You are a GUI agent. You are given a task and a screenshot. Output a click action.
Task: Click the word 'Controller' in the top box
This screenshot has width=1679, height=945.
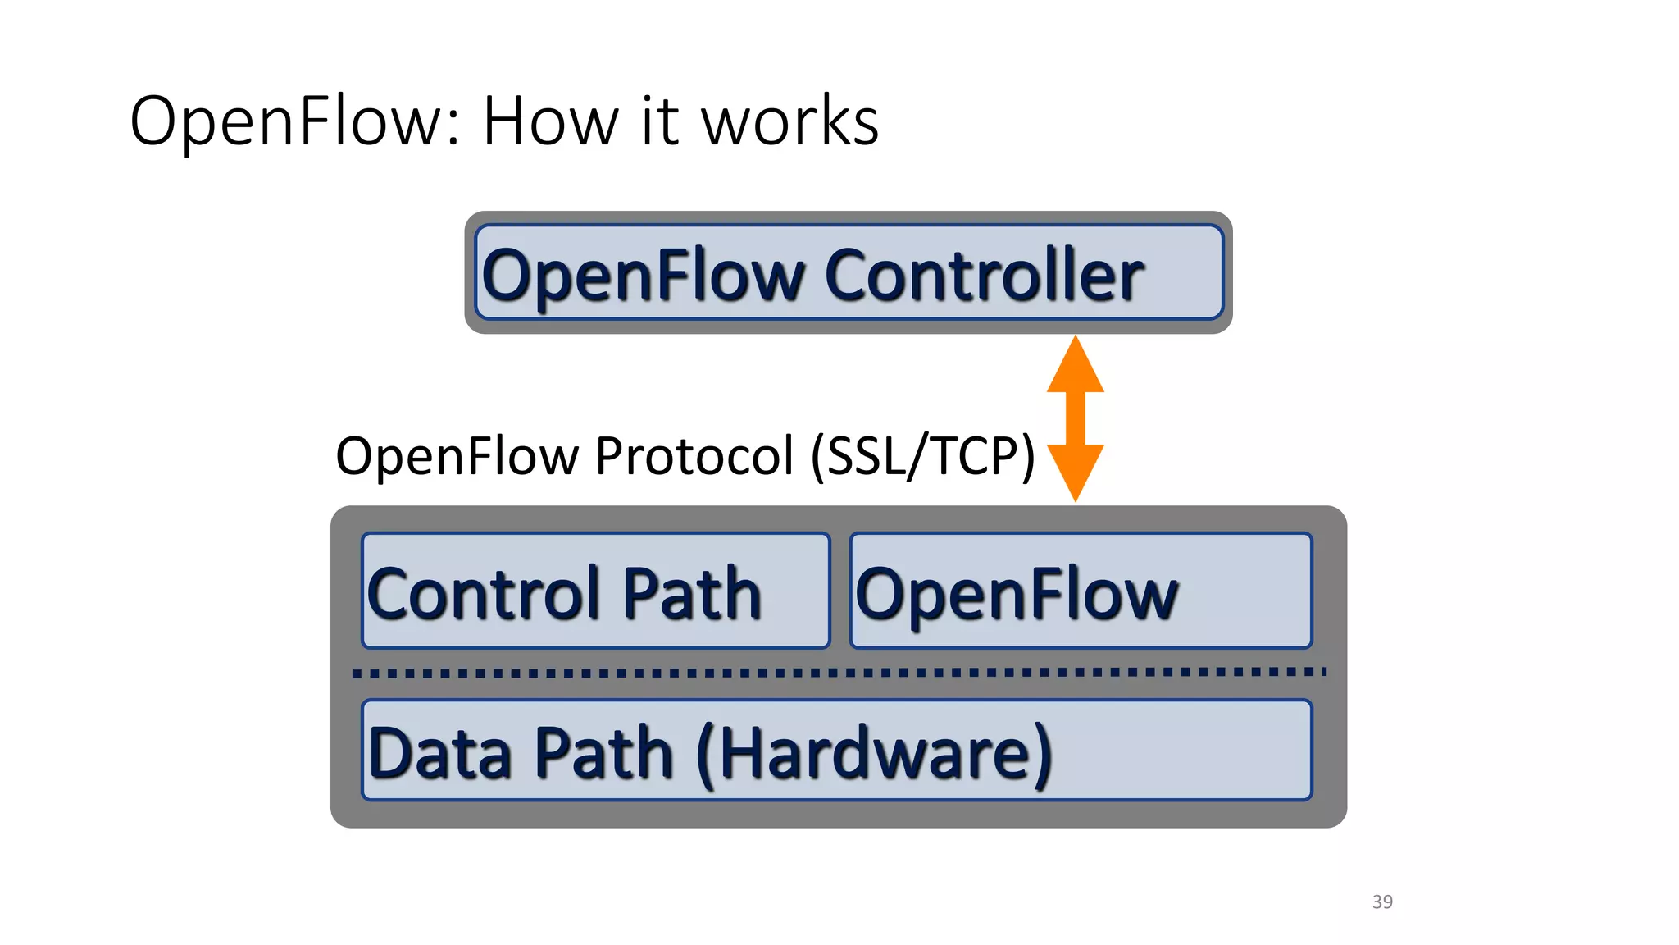pyautogui.click(x=984, y=276)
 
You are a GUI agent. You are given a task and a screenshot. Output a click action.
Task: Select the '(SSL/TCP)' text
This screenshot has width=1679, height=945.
pyautogui.click(x=922, y=456)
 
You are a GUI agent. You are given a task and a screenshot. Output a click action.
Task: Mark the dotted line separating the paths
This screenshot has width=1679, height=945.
pyautogui.click(x=838, y=673)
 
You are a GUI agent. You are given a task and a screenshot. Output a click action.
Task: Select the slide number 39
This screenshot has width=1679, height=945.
pyautogui.click(x=1382, y=902)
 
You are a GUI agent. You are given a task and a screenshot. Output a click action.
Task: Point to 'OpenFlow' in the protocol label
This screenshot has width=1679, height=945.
pyautogui.click(x=457, y=456)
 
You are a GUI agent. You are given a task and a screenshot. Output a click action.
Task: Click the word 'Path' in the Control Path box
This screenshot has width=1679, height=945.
pyautogui.click(x=691, y=593)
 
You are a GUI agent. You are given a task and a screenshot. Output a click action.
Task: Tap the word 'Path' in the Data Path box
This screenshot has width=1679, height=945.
pyautogui.click(x=603, y=753)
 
